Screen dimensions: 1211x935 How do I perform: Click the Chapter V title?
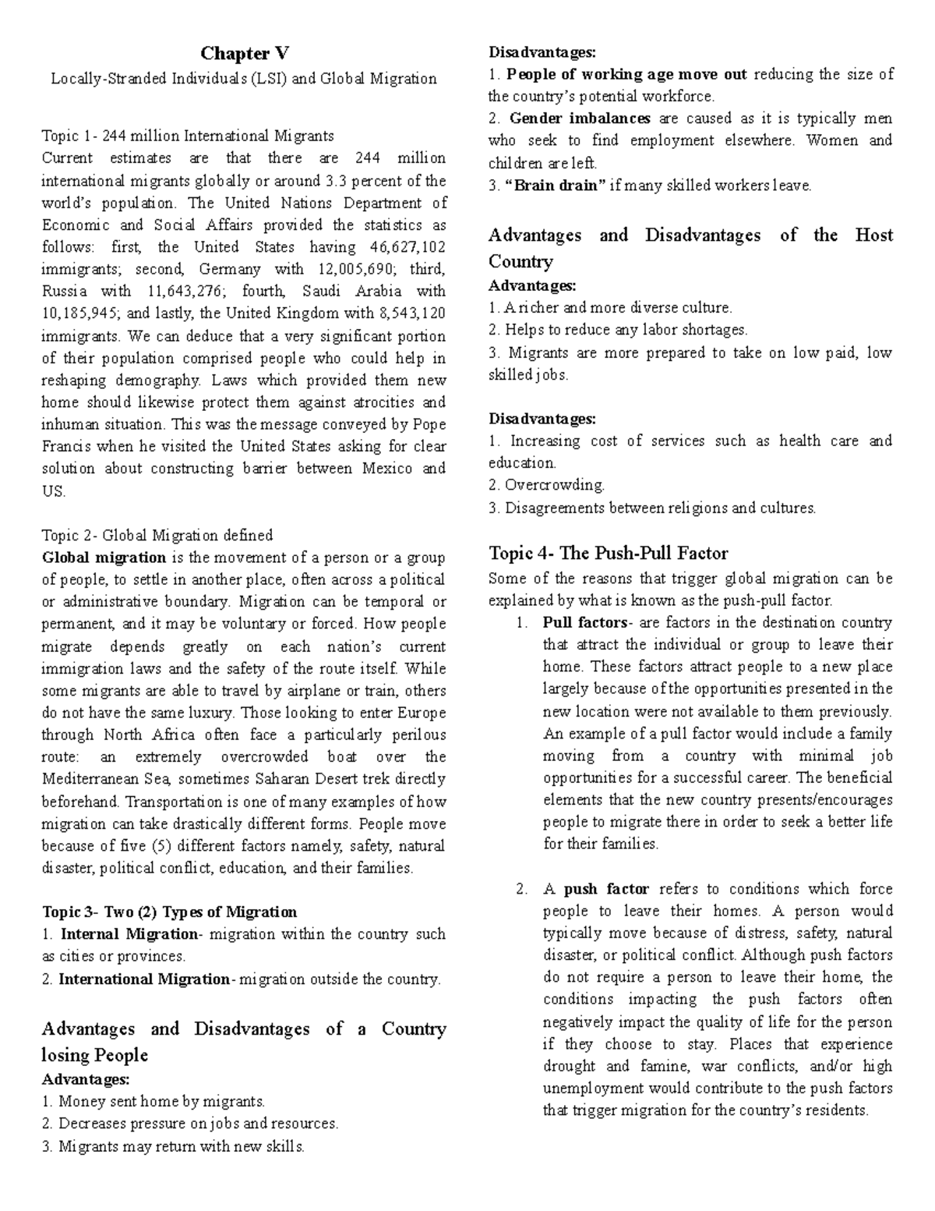pyautogui.click(x=244, y=54)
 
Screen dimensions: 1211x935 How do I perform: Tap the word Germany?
pyautogui.click(x=230, y=269)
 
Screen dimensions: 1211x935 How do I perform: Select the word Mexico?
pyautogui.click(x=386, y=469)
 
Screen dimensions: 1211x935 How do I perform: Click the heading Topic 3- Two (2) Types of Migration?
pyautogui.click(x=168, y=912)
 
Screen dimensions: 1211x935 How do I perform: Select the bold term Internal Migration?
pyautogui.click(x=129, y=934)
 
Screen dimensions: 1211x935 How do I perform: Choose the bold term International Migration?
pyautogui.click(x=144, y=979)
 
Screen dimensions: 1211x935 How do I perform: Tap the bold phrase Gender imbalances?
pyautogui.click(x=580, y=119)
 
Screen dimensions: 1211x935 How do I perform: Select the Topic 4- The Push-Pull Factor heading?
pyautogui.click(x=608, y=554)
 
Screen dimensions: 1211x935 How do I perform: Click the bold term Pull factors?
pyautogui.click(x=584, y=623)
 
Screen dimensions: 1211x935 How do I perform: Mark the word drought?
pyautogui.click(x=570, y=1066)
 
